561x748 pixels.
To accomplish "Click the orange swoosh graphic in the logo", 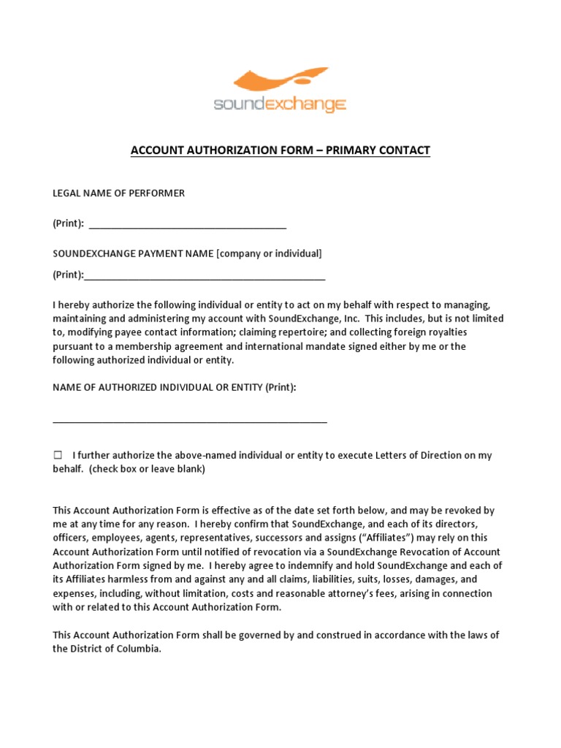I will click(x=282, y=82).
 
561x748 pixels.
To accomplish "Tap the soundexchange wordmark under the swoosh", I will click(x=280, y=104).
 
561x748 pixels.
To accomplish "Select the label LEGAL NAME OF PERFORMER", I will click(x=118, y=194).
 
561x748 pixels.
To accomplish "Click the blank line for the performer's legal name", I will click(x=188, y=226).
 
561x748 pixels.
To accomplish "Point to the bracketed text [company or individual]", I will click(x=269, y=253).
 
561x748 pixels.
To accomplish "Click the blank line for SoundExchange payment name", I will click(x=205, y=278).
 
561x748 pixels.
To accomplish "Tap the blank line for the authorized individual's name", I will click(x=190, y=421).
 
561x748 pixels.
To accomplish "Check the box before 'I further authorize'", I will click(x=58, y=455).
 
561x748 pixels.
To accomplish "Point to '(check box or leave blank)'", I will click(x=148, y=469).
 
